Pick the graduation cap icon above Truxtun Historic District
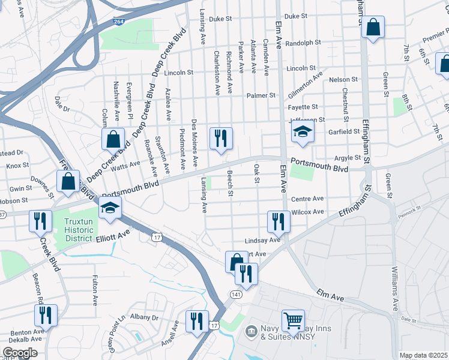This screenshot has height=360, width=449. point(111,208)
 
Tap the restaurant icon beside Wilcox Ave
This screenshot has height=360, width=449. point(279,221)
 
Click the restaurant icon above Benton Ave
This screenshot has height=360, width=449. point(46,315)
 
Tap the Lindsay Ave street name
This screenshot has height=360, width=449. point(263,240)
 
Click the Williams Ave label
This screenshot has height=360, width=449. point(394,288)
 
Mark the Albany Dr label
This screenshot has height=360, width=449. point(143,317)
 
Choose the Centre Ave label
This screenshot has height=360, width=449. point(307,199)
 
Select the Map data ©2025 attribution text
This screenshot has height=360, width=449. point(423,355)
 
